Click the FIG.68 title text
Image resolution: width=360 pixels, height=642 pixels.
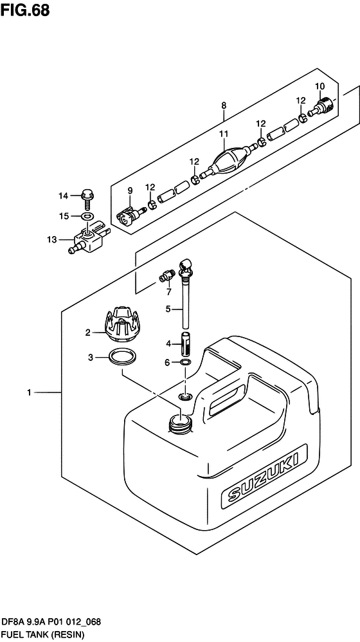(25, 10)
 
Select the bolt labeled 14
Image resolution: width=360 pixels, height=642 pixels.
(87, 198)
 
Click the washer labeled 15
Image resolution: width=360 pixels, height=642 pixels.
(87, 216)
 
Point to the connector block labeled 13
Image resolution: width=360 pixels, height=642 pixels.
(89, 238)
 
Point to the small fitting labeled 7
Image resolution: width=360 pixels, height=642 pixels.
(166, 277)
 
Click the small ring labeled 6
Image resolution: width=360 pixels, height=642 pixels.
(184, 362)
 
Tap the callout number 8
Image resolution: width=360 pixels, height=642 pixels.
(224, 105)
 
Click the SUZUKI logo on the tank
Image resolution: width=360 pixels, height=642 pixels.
(264, 473)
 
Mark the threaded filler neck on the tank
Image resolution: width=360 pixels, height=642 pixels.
(181, 423)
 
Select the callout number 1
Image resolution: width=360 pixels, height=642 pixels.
(29, 393)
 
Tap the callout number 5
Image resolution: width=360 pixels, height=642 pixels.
(168, 310)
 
